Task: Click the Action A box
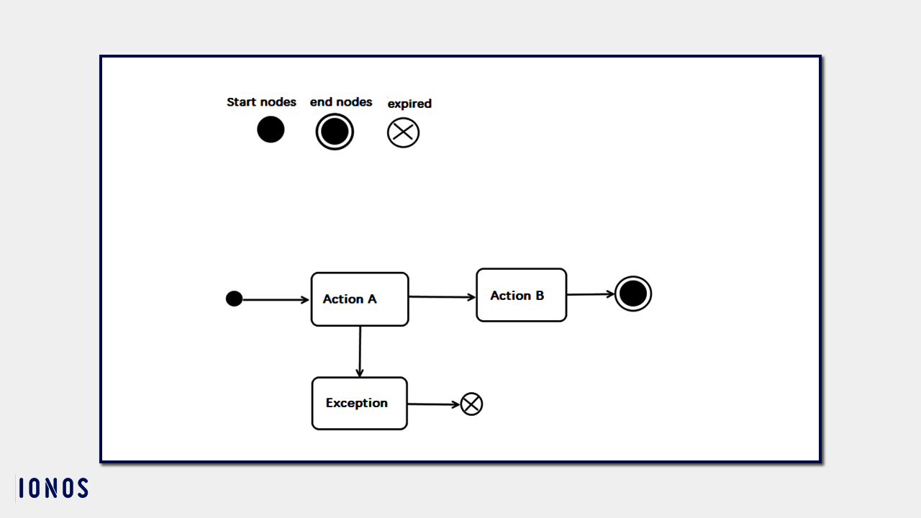point(360,299)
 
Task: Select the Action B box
point(521,295)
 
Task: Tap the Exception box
point(359,404)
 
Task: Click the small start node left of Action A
point(234,299)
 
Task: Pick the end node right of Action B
point(633,294)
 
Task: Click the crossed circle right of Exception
point(471,404)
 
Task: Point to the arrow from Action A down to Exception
point(359,351)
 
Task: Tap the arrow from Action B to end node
point(590,294)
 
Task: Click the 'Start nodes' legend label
point(261,102)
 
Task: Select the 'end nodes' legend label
point(341,102)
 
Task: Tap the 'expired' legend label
point(409,104)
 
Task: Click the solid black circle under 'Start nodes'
point(271,130)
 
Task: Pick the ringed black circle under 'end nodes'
point(335,132)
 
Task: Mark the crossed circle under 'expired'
point(403,133)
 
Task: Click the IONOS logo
point(53,489)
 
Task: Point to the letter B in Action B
point(539,296)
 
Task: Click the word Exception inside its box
point(356,403)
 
